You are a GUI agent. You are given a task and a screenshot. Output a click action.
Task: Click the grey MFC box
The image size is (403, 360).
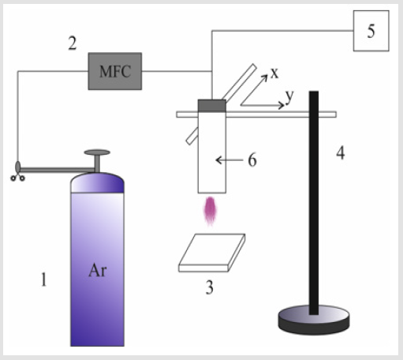click(115, 71)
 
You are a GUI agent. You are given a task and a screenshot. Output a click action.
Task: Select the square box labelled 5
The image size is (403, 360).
click(371, 31)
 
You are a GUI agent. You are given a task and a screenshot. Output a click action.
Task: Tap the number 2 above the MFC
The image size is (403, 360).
click(73, 43)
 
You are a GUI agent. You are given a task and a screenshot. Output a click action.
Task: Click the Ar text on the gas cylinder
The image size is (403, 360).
click(98, 270)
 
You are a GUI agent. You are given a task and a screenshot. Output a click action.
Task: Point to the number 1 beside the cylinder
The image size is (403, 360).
click(43, 279)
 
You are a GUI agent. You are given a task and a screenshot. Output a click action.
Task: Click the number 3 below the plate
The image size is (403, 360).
click(209, 287)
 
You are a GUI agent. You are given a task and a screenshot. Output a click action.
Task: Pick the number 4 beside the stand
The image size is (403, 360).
click(341, 153)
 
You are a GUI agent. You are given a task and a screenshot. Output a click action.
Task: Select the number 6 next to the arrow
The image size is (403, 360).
click(252, 160)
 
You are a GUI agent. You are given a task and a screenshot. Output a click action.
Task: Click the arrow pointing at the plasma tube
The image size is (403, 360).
click(229, 160)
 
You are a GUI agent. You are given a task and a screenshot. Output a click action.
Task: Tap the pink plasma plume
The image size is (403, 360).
click(210, 211)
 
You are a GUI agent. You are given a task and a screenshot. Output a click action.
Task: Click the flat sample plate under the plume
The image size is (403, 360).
click(212, 253)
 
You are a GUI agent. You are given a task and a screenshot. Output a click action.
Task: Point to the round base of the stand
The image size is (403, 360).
click(314, 320)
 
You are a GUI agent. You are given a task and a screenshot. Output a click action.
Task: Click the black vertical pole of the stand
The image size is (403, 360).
click(314, 203)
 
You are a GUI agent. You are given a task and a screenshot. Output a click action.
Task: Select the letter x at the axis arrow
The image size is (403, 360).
click(274, 73)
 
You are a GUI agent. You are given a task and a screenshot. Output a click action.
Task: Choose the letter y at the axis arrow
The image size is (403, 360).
click(289, 96)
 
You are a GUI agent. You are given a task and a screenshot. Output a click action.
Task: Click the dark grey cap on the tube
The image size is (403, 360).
click(212, 106)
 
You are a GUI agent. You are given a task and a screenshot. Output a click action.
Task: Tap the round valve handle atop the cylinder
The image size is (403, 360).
click(97, 152)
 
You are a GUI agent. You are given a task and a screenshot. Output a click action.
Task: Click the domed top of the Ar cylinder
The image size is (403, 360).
click(97, 182)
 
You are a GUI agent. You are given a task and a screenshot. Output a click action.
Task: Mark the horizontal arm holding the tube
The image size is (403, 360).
click(256, 114)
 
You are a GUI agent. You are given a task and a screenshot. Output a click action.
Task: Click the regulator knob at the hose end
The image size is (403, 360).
click(18, 167)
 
